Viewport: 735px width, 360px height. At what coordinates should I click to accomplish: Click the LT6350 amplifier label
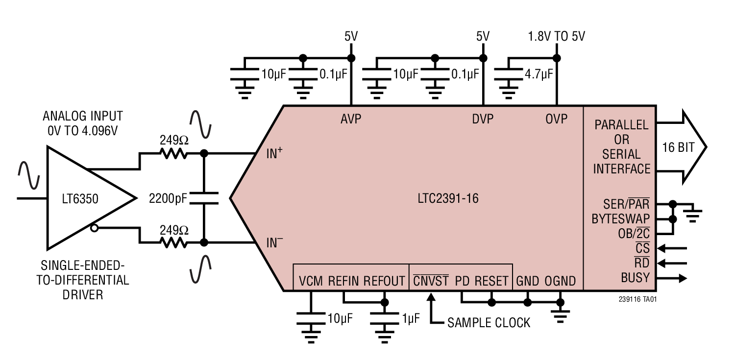pyautogui.click(x=80, y=199)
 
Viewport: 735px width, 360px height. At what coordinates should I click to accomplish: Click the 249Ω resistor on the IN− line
pyautogui.click(x=173, y=242)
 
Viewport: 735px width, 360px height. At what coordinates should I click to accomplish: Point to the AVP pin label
pyautogui.click(x=351, y=119)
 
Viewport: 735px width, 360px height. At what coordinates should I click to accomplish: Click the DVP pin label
pyautogui.click(x=483, y=119)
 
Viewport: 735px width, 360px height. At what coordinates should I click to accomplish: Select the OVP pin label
pyautogui.click(x=556, y=119)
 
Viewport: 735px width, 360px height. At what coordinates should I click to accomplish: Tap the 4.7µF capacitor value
pyautogui.click(x=539, y=74)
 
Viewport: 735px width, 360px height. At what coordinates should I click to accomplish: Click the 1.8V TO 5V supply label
pyautogui.click(x=556, y=36)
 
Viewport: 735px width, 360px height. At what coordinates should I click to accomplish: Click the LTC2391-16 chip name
pyautogui.click(x=448, y=199)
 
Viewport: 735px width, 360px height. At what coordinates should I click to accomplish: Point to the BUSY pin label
pyautogui.click(x=635, y=278)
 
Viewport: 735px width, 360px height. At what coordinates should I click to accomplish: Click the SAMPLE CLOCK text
pyautogui.click(x=489, y=323)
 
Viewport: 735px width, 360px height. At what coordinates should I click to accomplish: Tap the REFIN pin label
pyautogui.click(x=343, y=281)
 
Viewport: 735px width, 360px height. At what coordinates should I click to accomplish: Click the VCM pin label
pyautogui.click(x=311, y=281)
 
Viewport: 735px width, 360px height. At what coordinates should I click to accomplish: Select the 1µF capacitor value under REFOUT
pyautogui.click(x=411, y=319)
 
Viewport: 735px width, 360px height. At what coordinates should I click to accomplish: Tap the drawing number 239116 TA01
pyautogui.click(x=637, y=299)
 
